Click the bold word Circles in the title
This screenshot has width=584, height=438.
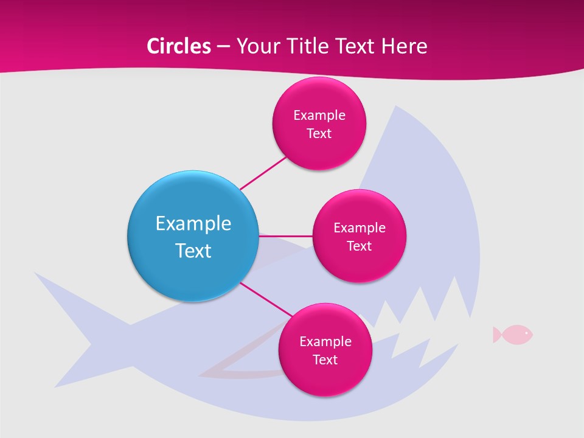(x=179, y=46)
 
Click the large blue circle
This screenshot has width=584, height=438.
(x=193, y=236)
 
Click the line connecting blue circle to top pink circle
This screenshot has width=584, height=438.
(x=263, y=172)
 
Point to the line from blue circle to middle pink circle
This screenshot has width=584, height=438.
(x=286, y=235)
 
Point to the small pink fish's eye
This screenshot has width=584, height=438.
(x=526, y=333)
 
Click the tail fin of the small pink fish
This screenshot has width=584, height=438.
(x=496, y=334)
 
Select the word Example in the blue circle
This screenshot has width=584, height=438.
(x=193, y=223)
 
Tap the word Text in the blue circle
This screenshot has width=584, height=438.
(x=193, y=251)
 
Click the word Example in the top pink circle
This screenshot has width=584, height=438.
(x=319, y=115)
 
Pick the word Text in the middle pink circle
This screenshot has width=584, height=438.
(x=359, y=246)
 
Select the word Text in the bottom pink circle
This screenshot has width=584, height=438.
(x=325, y=360)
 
